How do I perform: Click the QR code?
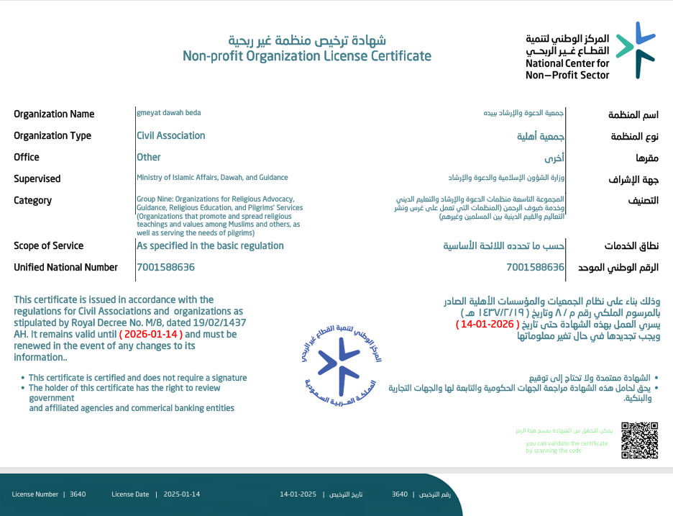[x=639, y=440]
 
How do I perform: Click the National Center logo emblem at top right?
[x=636, y=50]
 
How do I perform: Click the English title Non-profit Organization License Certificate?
[x=307, y=56]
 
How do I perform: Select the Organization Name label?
[x=54, y=114]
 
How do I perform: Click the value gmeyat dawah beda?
[x=169, y=113]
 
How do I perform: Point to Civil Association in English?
[x=171, y=135]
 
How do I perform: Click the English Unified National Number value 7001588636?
[x=165, y=267]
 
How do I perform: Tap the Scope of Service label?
[x=48, y=245]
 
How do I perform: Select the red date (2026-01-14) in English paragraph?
[x=151, y=335]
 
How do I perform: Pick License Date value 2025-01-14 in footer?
[x=181, y=494]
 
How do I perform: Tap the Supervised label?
[x=37, y=178]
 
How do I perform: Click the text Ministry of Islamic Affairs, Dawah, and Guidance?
[x=212, y=177]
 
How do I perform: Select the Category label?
[x=33, y=200]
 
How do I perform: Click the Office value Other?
[x=149, y=157]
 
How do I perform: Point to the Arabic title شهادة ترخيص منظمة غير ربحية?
[x=307, y=40]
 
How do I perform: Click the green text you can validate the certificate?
[x=567, y=443]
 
